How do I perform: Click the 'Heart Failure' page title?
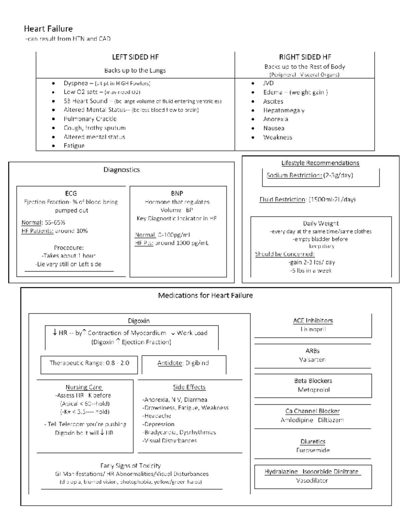pyautogui.click(x=48, y=29)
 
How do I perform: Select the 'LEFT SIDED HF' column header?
pyautogui.click(x=135, y=57)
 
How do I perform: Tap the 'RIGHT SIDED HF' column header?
pyautogui.click(x=305, y=57)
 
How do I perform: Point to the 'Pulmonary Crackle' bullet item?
pyautogui.click(x=90, y=119)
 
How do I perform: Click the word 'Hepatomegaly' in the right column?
pyautogui.click(x=284, y=110)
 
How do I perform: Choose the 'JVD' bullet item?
pyautogui.click(x=268, y=83)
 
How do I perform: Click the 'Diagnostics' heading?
pyautogui.click(x=121, y=170)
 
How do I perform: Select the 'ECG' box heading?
pyautogui.click(x=71, y=193)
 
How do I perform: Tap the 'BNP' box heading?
pyautogui.click(x=177, y=193)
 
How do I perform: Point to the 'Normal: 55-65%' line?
pyautogui.click(x=43, y=222)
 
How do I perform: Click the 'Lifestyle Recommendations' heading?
pyautogui.click(x=320, y=163)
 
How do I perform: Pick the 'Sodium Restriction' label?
pyautogui.click(x=294, y=175)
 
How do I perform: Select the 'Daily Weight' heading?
pyautogui.click(x=321, y=223)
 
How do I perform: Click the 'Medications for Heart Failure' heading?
pyautogui.click(x=205, y=296)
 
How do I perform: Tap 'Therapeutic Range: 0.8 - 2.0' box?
pyautogui.click(x=89, y=363)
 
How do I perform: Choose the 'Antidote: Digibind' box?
pyautogui.click(x=183, y=363)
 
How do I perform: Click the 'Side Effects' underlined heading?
pyautogui.click(x=189, y=387)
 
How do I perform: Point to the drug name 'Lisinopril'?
pyautogui.click(x=313, y=329)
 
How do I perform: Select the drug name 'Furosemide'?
pyautogui.click(x=313, y=450)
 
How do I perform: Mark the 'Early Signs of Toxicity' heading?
pyautogui.click(x=130, y=466)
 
